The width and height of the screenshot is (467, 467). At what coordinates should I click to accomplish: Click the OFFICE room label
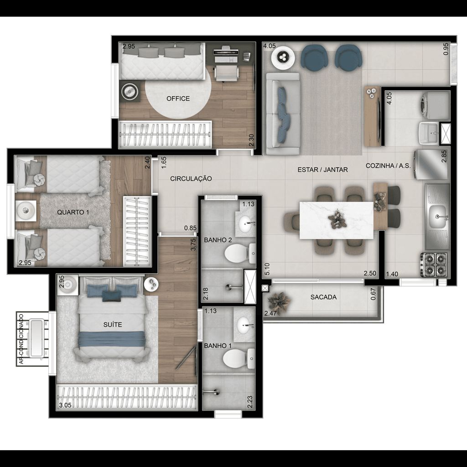(178, 99)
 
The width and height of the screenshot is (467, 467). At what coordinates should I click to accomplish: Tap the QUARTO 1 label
(73, 213)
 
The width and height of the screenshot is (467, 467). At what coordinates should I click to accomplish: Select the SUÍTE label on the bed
(113, 325)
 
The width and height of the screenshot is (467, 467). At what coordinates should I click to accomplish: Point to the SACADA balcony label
(323, 297)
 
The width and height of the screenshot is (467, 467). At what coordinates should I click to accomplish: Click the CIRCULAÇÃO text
(191, 179)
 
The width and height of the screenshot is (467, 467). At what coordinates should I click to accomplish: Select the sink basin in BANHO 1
(244, 325)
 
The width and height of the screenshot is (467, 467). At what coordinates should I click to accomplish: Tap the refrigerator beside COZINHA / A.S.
(431, 165)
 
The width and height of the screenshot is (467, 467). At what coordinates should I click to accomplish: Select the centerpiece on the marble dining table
(337, 219)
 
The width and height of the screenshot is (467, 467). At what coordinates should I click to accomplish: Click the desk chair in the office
(226, 73)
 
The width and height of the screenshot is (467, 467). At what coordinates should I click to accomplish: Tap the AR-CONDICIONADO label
(21, 339)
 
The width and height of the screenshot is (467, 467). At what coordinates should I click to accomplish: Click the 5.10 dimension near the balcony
(267, 269)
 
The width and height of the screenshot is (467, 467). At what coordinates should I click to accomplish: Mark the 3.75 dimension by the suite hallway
(193, 244)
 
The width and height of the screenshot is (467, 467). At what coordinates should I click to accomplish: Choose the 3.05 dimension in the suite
(65, 405)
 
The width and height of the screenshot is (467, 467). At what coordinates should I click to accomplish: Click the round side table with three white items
(283, 58)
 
